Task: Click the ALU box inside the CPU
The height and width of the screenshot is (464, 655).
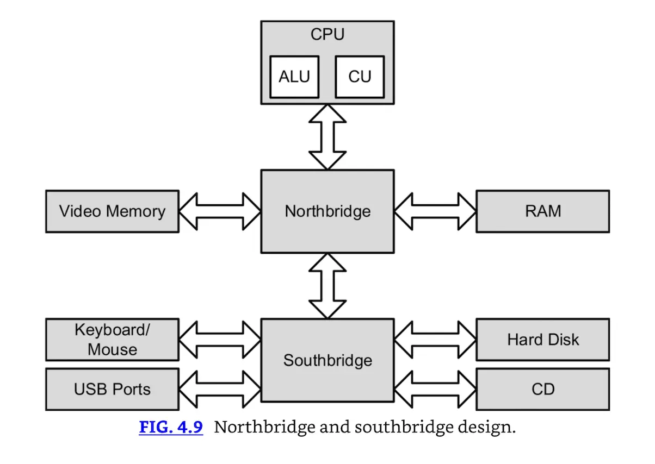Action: tap(294, 77)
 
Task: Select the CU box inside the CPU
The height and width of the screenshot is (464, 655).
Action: tap(360, 77)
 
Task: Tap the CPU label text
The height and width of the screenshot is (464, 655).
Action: tap(327, 35)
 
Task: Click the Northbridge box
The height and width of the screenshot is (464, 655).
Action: tap(327, 211)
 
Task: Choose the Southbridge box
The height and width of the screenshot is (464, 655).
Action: tap(327, 360)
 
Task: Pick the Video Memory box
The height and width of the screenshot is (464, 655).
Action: tap(112, 211)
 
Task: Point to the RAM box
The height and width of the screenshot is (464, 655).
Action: tap(542, 211)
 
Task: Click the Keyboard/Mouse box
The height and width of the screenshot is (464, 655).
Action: tap(112, 340)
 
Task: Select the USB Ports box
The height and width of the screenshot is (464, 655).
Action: tap(112, 389)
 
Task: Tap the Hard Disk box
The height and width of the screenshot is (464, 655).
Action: tap(542, 340)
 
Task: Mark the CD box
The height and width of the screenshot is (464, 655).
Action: tap(542, 389)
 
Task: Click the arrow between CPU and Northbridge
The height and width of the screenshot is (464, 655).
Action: tap(327, 137)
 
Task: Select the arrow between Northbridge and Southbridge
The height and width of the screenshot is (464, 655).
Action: tap(327, 286)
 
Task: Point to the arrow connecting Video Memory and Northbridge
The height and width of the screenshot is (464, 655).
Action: tap(220, 211)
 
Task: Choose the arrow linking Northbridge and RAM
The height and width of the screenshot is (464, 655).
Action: tap(435, 211)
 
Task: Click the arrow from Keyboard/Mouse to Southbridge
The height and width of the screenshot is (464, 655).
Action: tap(220, 340)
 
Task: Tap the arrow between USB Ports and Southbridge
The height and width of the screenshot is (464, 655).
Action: tap(220, 389)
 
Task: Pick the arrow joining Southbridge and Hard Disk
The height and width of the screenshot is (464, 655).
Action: tap(435, 340)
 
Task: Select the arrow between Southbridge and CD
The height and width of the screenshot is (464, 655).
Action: tap(435, 389)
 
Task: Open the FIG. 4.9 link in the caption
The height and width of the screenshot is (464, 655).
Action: tap(171, 427)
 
